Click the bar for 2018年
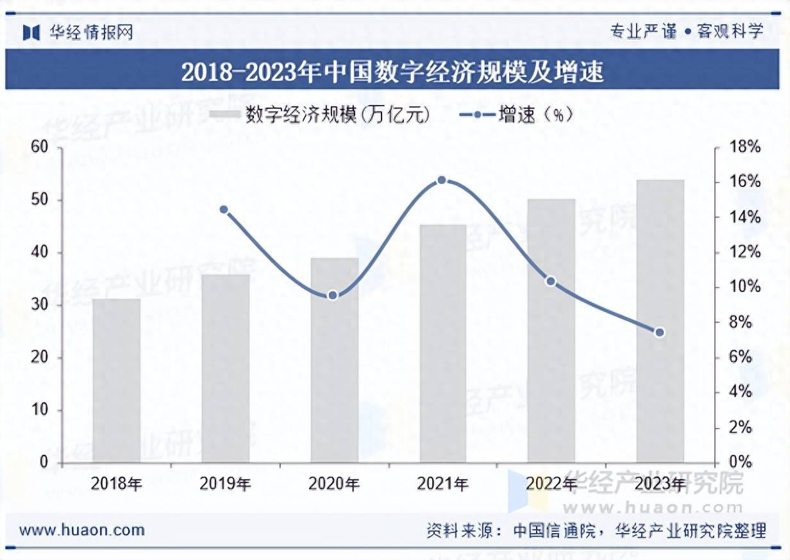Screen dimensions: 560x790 (x=116, y=381)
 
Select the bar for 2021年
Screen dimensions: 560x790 (x=442, y=343)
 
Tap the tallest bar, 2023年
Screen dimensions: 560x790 (x=660, y=321)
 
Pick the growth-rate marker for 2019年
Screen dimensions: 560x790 (x=224, y=210)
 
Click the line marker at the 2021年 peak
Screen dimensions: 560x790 (x=442, y=181)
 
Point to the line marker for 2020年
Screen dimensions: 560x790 (x=333, y=295)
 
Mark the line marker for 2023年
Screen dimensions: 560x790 (x=659, y=332)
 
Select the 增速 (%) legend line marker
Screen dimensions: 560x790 (x=478, y=115)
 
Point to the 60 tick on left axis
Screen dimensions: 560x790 (x=40, y=148)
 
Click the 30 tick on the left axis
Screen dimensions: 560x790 (x=40, y=305)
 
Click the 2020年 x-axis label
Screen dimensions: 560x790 (x=334, y=484)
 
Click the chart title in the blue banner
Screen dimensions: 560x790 (x=392, y=72)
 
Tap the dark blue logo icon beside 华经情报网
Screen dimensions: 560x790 (x=31, y=32)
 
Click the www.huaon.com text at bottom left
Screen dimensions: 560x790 (x=82, y=530)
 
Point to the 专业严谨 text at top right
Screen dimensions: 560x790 (x=643, y=31)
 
